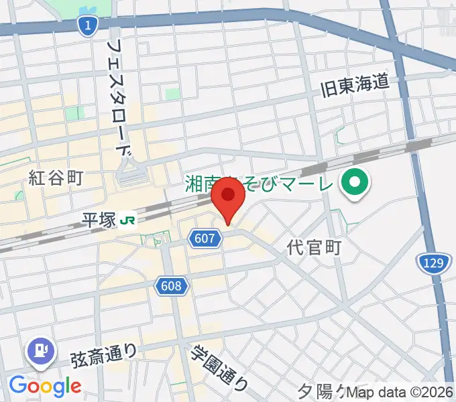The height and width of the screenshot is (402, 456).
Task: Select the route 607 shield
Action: pos(205,238)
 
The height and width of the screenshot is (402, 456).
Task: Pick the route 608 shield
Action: pos(172,286)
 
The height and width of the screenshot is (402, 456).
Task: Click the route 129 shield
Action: pos(433,263)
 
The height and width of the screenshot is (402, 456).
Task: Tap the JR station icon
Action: pos(127,220)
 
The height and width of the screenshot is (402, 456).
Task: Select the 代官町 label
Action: pos(314,247)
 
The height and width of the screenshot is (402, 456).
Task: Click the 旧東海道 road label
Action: pos(355,85)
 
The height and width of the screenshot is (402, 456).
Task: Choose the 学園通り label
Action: pos(219,369)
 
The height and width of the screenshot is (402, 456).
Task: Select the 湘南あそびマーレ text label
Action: pos(258,182)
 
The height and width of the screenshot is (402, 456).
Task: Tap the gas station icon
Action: pos(41,350)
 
